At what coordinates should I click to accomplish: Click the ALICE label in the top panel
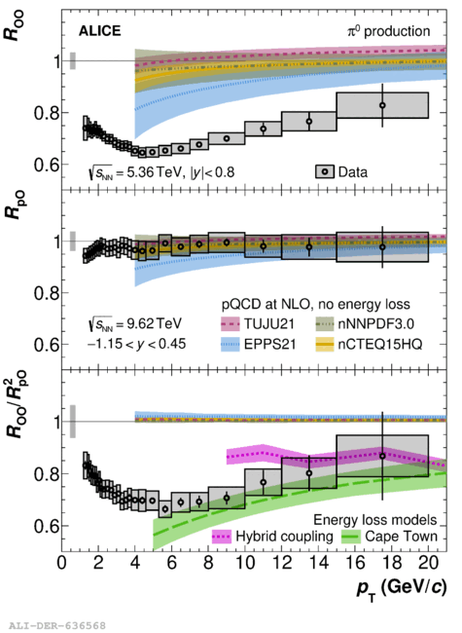click(x=99, y=31)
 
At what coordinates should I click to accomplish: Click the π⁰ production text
click(x=389, y=31)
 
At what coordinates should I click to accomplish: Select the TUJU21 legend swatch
click(x=231, y=323)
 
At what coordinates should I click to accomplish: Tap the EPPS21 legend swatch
click(x=231, y=345)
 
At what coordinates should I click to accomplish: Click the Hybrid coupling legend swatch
click(x=222, y=537)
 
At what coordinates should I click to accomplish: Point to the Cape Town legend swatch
click(x=350, y=537)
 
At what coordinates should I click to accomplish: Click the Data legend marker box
click(x=325, y=172)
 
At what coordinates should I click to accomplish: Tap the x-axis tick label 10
click(x=245, y=562)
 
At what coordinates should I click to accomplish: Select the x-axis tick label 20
click(x=428, y=562)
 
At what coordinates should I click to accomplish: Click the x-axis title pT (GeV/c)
click(x=402, y=588)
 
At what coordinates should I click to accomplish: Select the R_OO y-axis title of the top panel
click(x=14, y=25)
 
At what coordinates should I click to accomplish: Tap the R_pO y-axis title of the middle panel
click(x=16, y=205)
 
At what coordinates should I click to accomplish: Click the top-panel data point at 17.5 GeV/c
click(x=382, y=105)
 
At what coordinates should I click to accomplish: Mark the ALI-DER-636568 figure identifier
click(x=56, y=626)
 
